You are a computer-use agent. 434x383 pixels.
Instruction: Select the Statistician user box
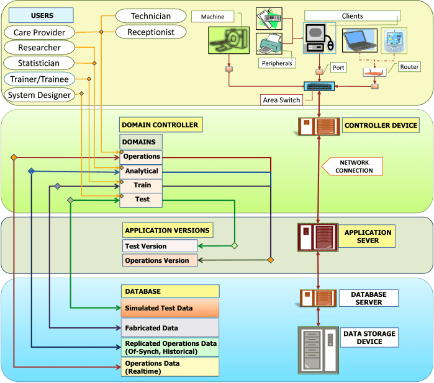[x=38, y=63]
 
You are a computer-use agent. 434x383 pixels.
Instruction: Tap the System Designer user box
[x=38, y=95]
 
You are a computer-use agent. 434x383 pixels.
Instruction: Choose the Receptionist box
[x=151, y=32]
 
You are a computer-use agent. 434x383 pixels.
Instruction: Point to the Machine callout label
[x=212, y=16]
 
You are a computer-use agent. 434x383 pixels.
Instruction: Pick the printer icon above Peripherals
[x=269, y=45]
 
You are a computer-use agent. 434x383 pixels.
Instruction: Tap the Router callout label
[x=409, y=66]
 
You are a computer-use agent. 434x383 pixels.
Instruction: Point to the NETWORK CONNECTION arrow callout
[x=355, y=166]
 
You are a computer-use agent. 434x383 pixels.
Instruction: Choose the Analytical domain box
[x=141, y=171]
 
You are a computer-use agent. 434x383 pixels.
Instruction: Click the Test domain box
[x=141, y=200]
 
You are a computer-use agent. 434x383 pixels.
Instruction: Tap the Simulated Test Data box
[x=170, y=308]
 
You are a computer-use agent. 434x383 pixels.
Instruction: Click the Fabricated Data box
[x=170, y=328]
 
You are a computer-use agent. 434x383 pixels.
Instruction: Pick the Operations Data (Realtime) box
[x=170, y=367]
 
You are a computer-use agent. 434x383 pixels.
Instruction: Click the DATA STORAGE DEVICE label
[x=369, y=338]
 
